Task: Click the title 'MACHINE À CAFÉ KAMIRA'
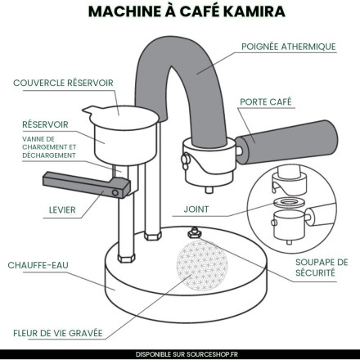click(180, 13)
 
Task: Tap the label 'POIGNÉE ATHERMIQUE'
click(289, 47)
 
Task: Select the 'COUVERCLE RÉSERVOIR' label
click(63, 83)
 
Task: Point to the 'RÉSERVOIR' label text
click(45, 124)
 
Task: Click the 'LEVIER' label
click(62, 210)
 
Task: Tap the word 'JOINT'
click(197, 209)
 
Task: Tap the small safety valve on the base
click(195, 233)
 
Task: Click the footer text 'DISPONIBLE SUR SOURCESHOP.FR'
click(180, 353)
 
